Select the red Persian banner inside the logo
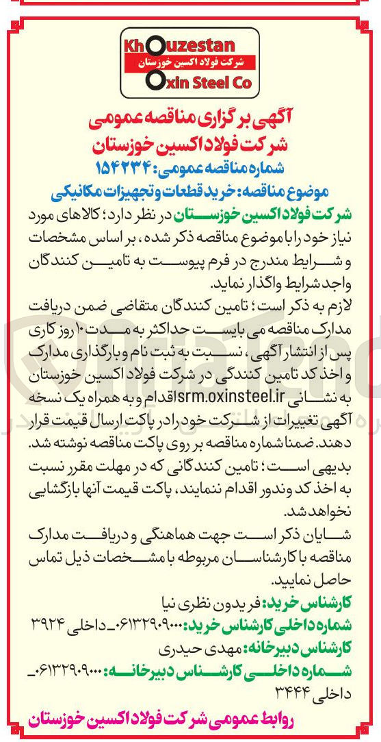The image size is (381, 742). coord(186,63)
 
